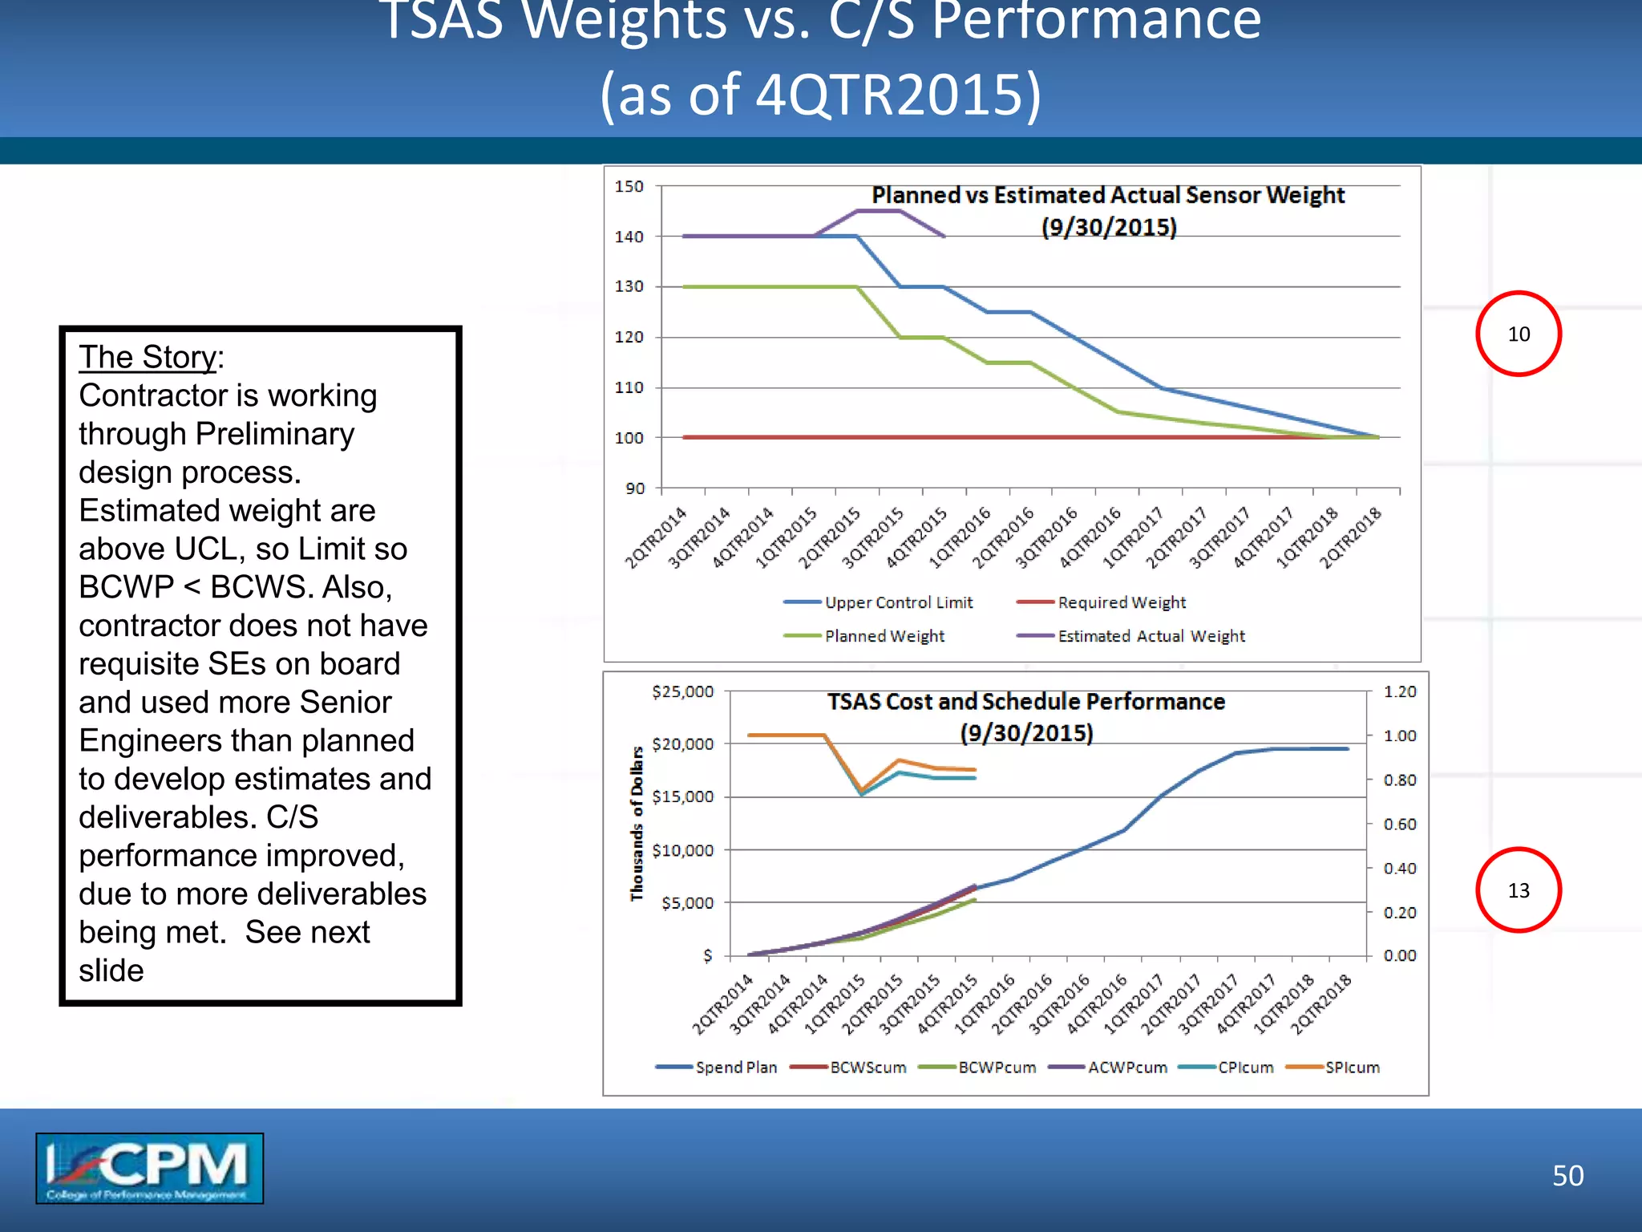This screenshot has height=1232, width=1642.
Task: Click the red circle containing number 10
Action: coord(1518,334)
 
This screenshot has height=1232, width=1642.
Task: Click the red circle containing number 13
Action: coord(1518,890)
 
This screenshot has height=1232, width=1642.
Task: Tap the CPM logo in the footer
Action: coord(150,1168)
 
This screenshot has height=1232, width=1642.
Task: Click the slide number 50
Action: coord(1567,1176)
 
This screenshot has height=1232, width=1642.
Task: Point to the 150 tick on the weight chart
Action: coord(629,186)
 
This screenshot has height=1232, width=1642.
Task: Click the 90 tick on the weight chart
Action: coord(635,488)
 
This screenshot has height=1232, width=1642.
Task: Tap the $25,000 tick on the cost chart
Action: coord(682,691)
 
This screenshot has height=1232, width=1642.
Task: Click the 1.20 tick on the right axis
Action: coord(1400,691)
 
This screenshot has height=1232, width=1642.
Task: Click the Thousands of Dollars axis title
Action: coord(637,823)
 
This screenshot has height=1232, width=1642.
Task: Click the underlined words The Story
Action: coord(148,357)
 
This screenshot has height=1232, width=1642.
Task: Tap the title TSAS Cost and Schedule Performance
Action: coord(1025,702)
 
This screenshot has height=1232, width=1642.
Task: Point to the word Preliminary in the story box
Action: coord(275,434)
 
